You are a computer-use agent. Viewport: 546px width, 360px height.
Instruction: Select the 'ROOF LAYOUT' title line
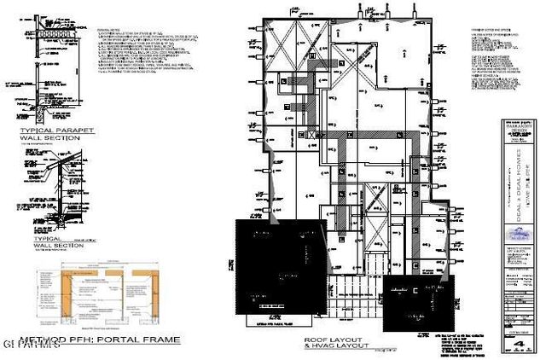334,340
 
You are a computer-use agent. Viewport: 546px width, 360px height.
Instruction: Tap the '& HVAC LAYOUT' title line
334,346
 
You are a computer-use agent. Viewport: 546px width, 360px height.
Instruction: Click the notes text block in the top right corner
499,56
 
